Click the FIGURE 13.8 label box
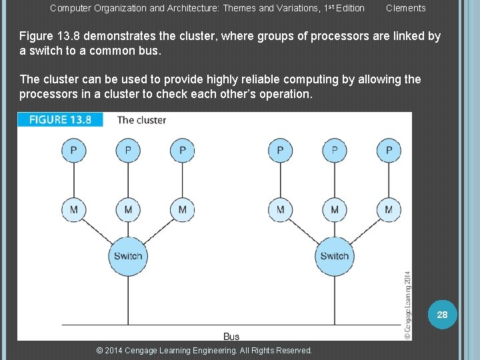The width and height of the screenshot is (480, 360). click(x=60, y=120)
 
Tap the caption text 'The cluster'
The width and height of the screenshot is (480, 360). click(x=141, y=120)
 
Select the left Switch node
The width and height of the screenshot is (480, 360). click(x=128, y=256)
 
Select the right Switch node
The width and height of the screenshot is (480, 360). click(x=334, y=256)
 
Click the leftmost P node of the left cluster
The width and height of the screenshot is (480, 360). click(x=73, y=150)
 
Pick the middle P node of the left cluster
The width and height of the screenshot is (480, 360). click(x=128, y=150)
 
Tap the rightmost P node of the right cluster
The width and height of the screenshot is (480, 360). click(x=389, y=150)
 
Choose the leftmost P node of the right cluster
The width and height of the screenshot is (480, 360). click(x=280, y=150)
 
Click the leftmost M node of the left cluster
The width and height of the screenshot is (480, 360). click(x=73, y=209)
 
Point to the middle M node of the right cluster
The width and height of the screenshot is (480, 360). click(x=334, y=209)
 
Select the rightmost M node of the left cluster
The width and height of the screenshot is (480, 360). click(x=182, y=209)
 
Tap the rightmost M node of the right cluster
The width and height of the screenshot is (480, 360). click(x=389, y=209)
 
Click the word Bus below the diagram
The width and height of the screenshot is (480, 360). click(x=231, y=336)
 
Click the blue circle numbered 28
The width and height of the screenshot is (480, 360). click(x=442, y=314)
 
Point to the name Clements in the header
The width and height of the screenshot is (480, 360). click(x=405, y=8)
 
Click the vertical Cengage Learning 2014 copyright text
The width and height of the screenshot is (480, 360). click(x=407, y=305)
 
